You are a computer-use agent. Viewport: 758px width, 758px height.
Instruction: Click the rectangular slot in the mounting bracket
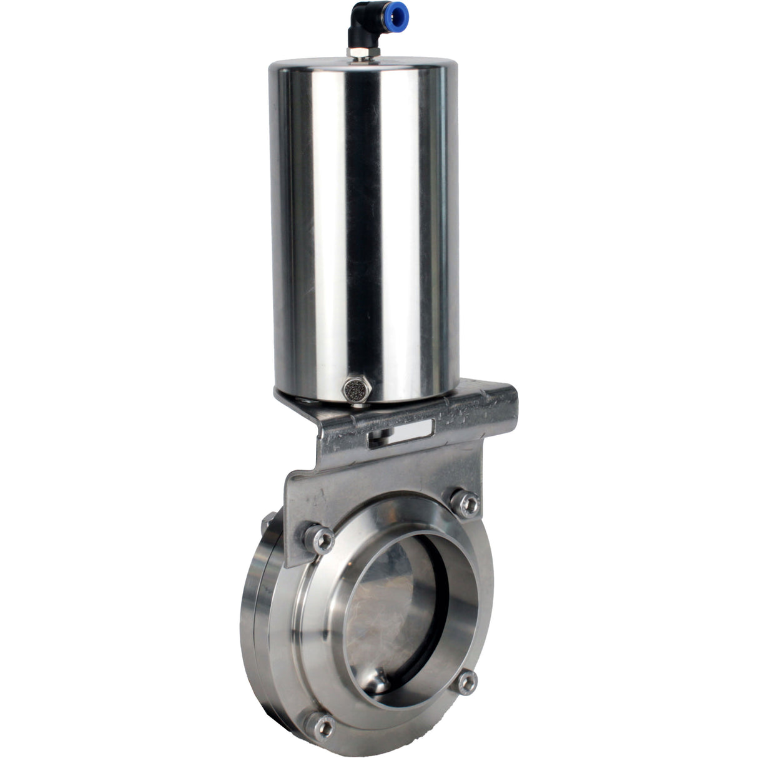pos(402,431)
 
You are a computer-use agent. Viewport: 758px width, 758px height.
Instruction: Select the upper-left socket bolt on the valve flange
pos(319,539)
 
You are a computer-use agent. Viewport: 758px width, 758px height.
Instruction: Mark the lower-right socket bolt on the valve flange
pos(466,666)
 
